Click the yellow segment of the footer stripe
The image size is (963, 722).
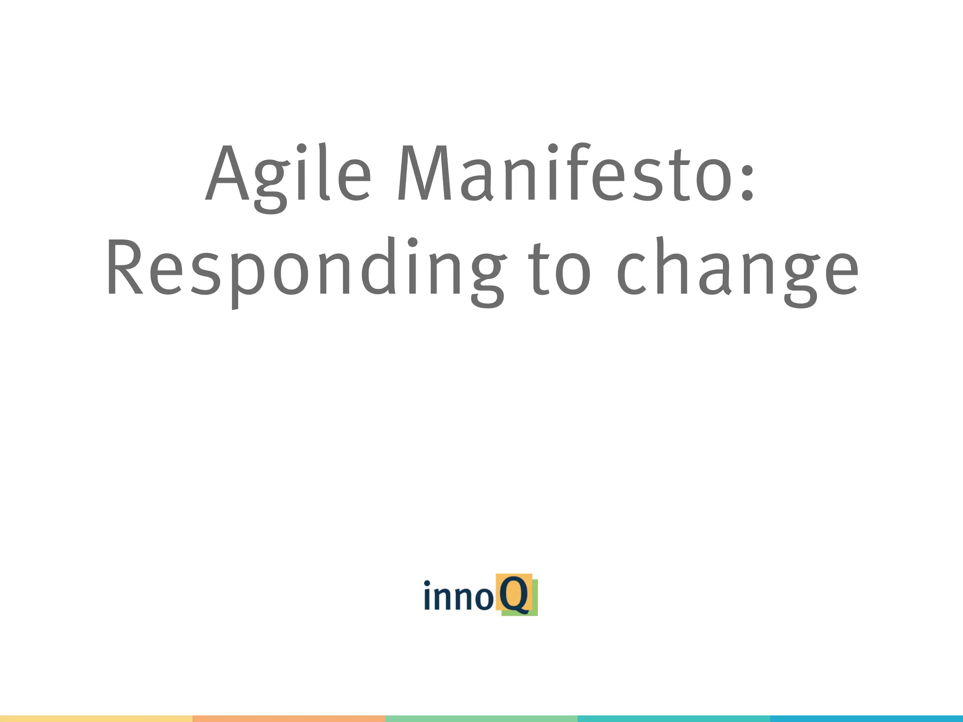click(x=96, y=719)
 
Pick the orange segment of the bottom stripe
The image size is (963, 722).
click(x=289, y=719)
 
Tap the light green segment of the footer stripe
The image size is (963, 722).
click(x=481, y=719)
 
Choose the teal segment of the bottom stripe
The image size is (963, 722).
click(x=673, y=719)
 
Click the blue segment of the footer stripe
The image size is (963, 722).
click(x=866, y=719)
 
